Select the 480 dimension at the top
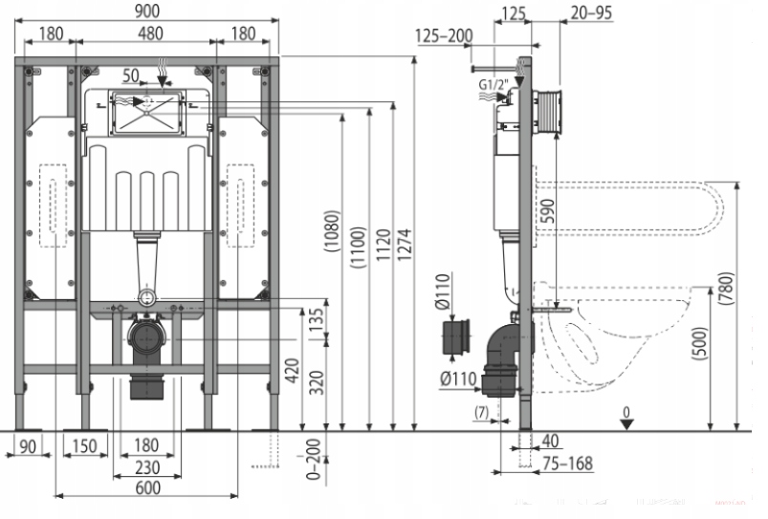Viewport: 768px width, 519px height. (x=148, y=34)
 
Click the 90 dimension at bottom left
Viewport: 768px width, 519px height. (x=27, y=445)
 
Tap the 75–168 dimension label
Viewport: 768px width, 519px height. (x=568, y=464)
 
